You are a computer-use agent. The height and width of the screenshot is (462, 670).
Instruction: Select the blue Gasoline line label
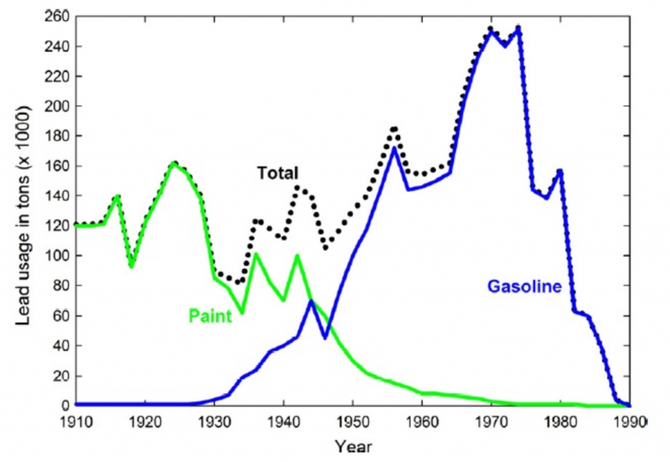524,287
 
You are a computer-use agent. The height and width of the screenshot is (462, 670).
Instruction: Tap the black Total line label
277,173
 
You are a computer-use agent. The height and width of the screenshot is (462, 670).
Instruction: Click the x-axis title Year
354,447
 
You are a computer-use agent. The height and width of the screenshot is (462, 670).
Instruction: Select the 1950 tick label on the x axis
353,421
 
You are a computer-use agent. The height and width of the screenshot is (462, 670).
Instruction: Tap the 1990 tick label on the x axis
629,421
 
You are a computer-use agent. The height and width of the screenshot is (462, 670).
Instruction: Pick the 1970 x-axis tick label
491,421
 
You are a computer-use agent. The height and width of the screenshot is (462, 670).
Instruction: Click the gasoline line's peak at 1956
395,148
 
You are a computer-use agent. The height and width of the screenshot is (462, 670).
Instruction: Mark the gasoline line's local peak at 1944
311,301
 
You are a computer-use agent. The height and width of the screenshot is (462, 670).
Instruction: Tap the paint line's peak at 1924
173,163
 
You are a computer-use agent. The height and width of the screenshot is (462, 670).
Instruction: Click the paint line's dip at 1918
132,266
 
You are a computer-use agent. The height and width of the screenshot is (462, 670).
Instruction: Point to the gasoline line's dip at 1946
325,338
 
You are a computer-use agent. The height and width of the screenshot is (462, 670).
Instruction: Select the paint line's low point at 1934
242,313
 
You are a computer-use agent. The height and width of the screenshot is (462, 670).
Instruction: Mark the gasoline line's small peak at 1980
560,171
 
